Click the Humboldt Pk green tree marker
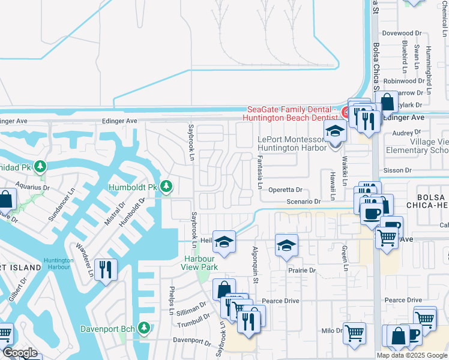[166, 188]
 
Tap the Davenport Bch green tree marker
[143, 328]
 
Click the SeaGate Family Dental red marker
[346, 112]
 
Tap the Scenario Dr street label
[304, 202]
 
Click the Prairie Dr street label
[302, 271]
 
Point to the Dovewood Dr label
[403, 33]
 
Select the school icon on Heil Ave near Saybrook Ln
[224, 242]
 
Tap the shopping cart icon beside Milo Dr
[354, 332]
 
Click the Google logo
[20, 353]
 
